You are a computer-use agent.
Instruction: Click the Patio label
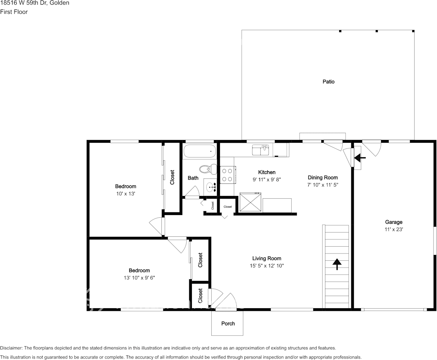(329, 81)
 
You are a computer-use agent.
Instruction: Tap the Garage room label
(394, 222)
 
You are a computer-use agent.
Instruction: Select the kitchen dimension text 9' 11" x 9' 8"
(266, 180)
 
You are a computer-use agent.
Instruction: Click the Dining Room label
(322, 177)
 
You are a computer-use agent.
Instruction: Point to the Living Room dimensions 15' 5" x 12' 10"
(266, 266)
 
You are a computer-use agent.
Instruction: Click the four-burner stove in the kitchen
(227, 175)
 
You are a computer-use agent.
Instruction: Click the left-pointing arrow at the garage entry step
(360, 157)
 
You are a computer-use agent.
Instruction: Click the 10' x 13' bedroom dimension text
(126, 194)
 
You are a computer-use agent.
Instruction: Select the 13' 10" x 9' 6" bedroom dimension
(139, 278)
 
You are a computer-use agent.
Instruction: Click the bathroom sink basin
(210, 186)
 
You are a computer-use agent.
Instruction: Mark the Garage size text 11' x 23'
(394, 229)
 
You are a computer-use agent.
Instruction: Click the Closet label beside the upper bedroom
(172, 177)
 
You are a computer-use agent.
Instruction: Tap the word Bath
(193, 178)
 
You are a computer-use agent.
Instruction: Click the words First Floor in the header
(14, 12)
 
